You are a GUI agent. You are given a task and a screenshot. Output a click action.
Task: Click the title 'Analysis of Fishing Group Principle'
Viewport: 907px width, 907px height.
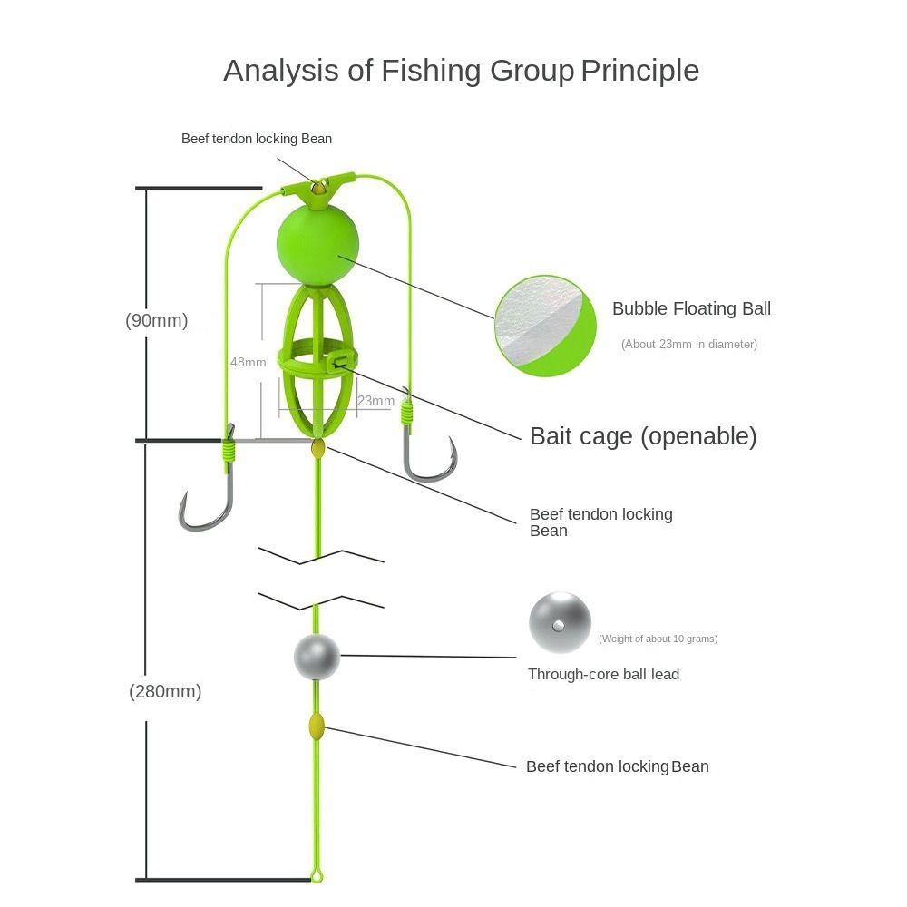click(461, 71)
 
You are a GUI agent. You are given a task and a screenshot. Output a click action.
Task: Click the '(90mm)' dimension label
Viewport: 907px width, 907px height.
click(157, 320)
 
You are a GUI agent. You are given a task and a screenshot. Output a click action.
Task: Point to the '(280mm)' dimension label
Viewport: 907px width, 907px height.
click(165, 691)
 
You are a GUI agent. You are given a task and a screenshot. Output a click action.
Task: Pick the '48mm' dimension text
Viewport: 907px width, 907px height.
click(248, 362)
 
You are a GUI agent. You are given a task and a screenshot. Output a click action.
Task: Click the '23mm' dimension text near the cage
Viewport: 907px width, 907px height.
click(375, 401)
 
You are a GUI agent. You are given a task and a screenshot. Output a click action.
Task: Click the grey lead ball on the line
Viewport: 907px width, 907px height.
click(317, 657)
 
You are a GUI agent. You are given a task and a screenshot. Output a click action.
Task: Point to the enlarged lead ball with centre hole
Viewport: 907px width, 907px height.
click(560, 622)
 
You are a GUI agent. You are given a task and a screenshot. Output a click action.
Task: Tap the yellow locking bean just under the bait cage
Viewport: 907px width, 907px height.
click(318, 448)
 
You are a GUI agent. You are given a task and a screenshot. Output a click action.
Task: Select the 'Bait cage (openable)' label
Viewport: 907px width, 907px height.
click(642, 436)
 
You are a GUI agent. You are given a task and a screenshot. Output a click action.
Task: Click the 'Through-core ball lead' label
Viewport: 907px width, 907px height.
click(603, 675)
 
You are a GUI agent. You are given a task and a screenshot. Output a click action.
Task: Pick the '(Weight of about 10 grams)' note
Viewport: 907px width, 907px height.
click(658, 639)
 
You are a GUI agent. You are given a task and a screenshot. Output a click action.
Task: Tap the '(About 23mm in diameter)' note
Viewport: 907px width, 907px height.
click(688, 345)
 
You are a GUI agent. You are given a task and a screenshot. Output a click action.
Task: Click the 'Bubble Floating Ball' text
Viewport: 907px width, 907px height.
click(691, 308)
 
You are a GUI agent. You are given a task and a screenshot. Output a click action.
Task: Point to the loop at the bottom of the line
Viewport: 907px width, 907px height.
click(317, 874)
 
